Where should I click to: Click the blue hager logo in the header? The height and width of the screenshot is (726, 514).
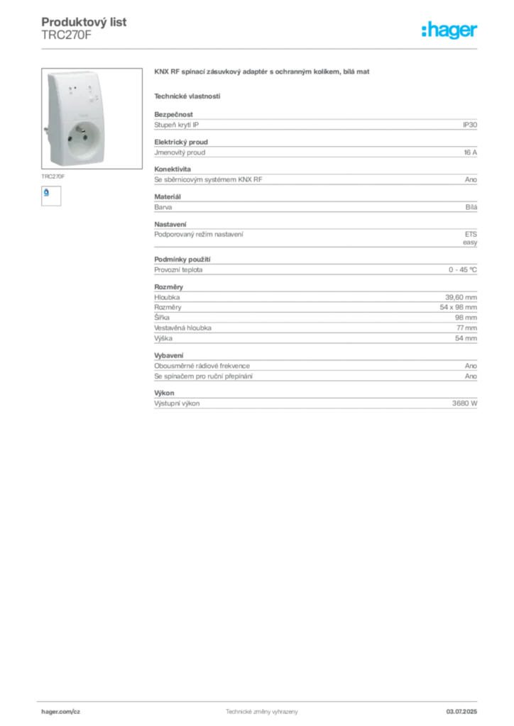[x=450, y=31]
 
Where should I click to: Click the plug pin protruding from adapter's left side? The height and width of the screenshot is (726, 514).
[x=43, y=130]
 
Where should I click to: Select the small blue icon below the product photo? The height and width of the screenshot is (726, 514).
[x=47, y=191]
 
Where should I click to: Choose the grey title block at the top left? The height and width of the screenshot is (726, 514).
[x=85, y=28]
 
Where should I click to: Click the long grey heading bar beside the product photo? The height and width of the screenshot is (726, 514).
[x=263, y=74]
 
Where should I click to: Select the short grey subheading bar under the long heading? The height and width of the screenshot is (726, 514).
[x=187, y=96]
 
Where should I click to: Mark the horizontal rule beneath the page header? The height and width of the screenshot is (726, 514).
[x=261, y=48]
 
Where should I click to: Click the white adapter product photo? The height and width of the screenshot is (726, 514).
[x=72, y=118]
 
